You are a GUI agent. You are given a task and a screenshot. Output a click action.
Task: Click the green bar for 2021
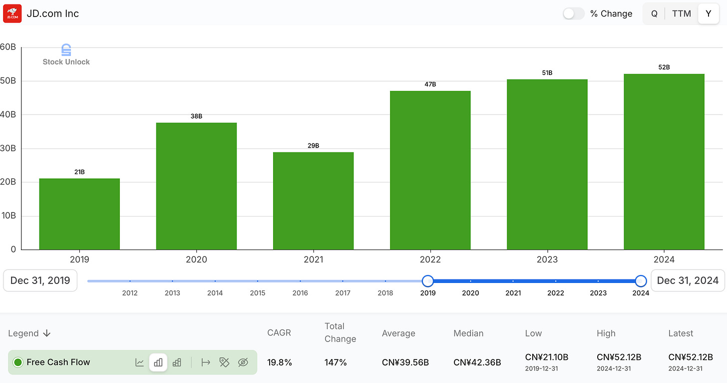point(313,200)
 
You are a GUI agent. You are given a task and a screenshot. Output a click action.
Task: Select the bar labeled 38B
point(196,185)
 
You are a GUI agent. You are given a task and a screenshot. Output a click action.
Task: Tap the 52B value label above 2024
point(664,67)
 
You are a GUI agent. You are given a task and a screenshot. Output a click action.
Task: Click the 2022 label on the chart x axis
point(430,259)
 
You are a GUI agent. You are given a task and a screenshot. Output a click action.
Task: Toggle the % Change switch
point(573,13)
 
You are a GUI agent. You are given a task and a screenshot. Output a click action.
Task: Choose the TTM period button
point(681,13)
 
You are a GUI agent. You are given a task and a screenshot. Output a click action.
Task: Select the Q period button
point(654,13)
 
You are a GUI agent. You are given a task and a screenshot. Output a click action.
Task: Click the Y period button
point(708,13)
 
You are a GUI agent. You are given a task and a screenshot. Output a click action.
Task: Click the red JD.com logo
point(12,13)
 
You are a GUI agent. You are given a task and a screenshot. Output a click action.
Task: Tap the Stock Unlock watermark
point(66,55)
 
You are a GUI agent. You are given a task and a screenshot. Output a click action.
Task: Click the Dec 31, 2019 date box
point(40,280)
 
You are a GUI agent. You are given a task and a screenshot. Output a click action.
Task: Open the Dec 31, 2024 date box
point(688,280)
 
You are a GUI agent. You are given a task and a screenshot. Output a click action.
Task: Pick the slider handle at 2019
point(427,281)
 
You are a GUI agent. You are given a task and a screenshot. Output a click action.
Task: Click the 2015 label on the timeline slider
point(258,293)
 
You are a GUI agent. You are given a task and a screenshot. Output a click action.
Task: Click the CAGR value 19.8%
point(279,362)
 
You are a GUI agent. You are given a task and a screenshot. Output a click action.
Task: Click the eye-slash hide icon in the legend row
point(243,362)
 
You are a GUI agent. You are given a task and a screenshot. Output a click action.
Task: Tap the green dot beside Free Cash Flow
point(18,362)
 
